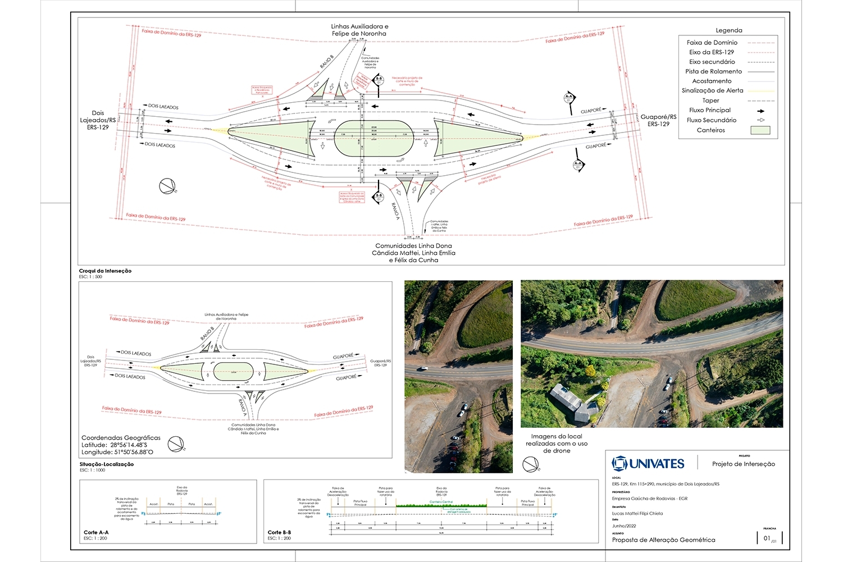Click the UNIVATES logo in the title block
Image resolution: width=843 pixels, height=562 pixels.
(x=648, y=463)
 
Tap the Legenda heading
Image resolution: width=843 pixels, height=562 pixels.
(x=728, y=30)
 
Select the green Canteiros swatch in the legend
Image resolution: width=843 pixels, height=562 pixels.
(x=760, y=130)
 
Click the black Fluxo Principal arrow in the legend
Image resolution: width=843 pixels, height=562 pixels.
(x=760, y=111)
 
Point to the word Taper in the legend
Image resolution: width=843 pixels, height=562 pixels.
(x=710, y=100)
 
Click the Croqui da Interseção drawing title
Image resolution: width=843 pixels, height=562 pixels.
(x=105, y=271)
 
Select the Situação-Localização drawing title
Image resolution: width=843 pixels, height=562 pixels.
(x=106, y=464)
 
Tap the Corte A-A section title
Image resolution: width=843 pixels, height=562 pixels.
(x=96, y=532)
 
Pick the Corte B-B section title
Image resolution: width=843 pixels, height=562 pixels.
(x=279, y=532)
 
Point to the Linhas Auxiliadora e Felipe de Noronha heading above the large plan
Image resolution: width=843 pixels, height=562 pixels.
(x=359, y=30)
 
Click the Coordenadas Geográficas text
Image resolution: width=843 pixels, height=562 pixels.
(x=121, y=438)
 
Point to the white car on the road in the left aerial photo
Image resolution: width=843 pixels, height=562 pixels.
(x=422, y=369)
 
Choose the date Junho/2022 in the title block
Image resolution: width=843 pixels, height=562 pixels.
(x=623, y=526)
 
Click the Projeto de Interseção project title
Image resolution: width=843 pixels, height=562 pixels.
(x=743, y=464)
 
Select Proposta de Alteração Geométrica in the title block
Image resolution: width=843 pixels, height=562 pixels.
(x=663, y=540)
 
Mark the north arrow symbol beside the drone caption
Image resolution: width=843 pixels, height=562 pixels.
(x=530, y=464)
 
